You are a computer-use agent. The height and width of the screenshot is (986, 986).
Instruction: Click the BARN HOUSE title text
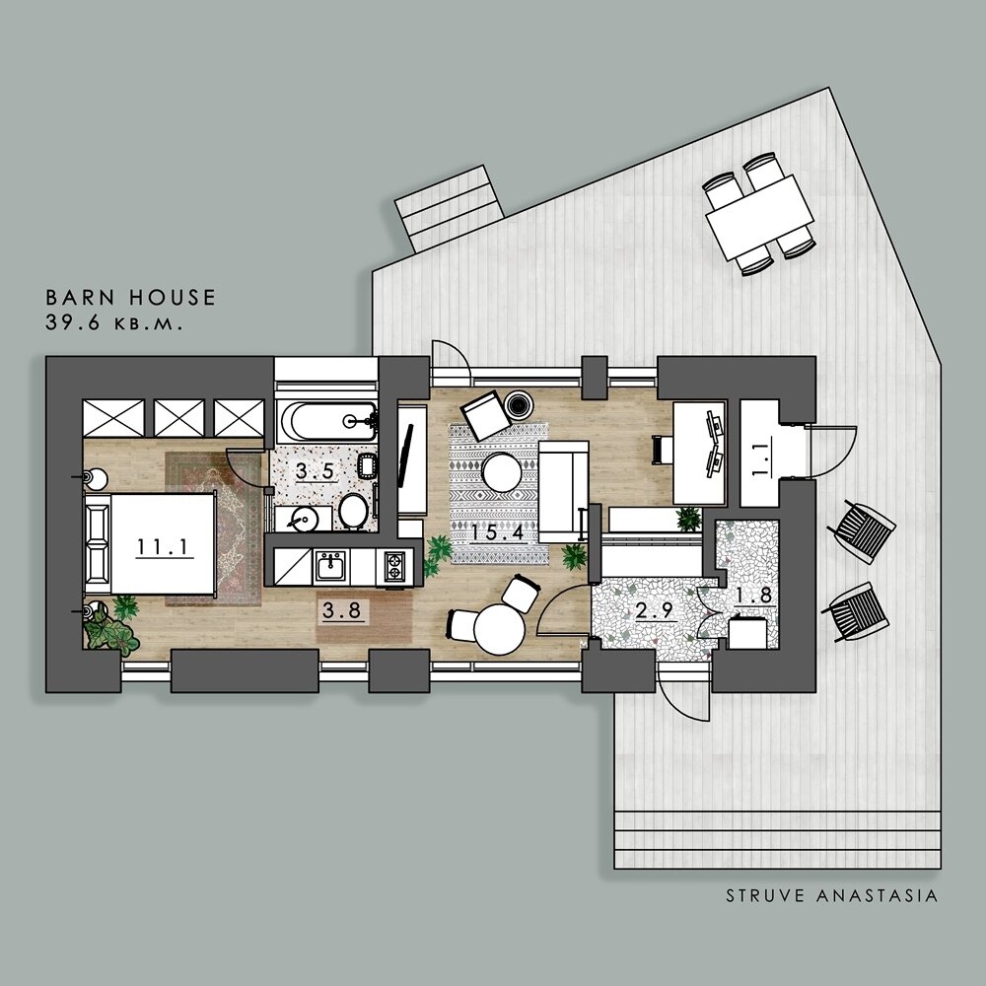131,298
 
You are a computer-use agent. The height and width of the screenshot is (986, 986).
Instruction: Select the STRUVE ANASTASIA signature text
832,895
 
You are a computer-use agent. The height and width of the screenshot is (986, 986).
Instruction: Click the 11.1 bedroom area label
163,546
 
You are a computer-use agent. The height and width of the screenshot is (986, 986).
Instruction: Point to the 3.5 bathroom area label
316,471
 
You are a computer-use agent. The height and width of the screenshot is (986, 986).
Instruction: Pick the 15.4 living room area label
498,532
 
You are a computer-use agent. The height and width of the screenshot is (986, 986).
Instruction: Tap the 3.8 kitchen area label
342,610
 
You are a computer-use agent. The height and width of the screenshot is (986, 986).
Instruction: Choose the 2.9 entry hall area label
655,610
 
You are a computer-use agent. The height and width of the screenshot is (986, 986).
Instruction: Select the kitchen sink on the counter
330,566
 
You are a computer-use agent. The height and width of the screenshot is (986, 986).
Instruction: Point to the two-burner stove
394,567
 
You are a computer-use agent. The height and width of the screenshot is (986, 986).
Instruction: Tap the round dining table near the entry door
499,629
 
